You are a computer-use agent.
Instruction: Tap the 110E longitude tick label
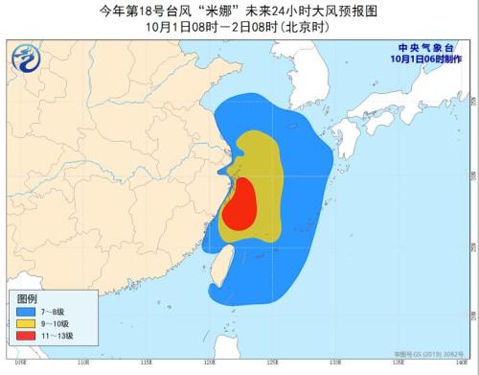(x=83, y=365)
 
